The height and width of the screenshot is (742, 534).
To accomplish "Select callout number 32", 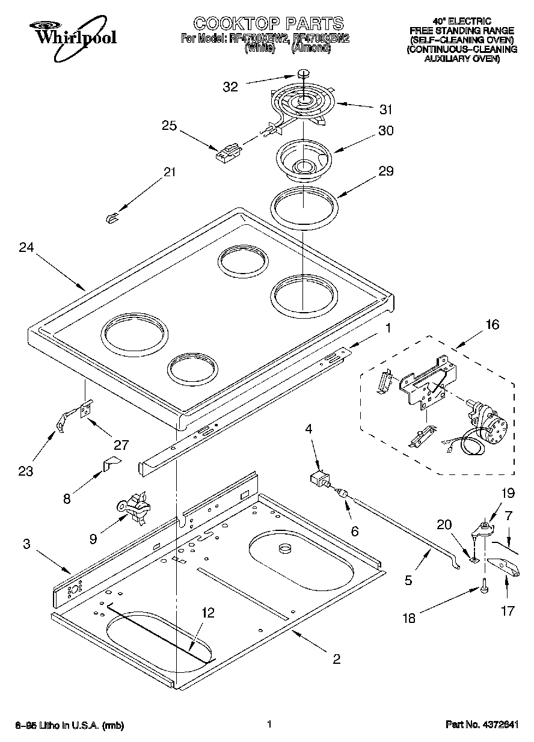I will pos(230,87).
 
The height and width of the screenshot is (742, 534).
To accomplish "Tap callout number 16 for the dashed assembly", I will pos(492,325).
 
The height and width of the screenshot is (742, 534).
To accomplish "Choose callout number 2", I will pos(336,659).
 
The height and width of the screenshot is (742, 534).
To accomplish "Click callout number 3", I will pos(26,545).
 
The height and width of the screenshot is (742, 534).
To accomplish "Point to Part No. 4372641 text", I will pos(481,725).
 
